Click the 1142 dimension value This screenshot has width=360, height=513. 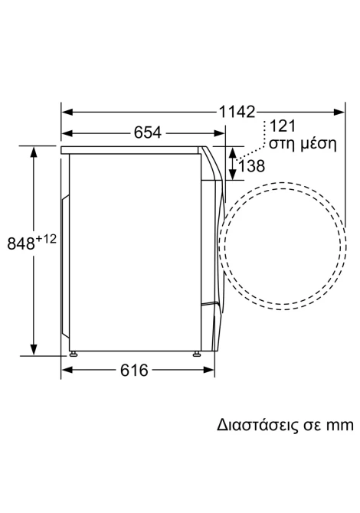pos(236,112)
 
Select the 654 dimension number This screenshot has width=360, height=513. pos(148,132)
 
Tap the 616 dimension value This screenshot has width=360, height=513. pos(134,370)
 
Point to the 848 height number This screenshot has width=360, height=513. pos(21,243)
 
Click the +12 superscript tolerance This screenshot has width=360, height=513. pos(46,239)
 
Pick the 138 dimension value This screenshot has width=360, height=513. pos(251,166)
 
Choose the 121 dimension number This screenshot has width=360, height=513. pos(282,126)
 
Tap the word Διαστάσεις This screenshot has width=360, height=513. pos(257,425)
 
